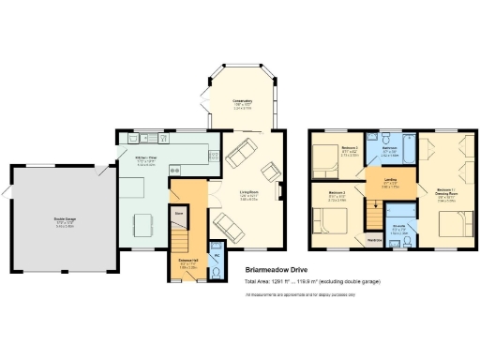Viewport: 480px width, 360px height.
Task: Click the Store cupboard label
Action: (179, 214)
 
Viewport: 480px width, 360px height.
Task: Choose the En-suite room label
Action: (398, 228)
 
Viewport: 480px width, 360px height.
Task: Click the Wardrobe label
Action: (374, 240)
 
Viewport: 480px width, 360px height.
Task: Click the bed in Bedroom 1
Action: (454, 223)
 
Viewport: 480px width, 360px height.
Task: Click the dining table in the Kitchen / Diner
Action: (142, 226)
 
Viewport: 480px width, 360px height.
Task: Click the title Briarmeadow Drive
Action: (277, 271)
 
